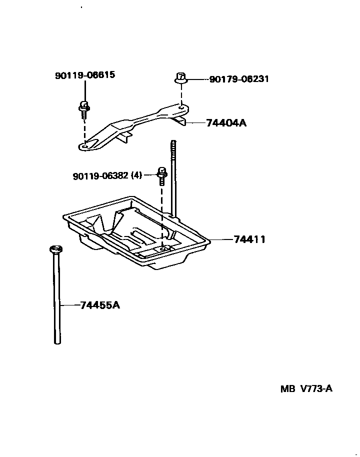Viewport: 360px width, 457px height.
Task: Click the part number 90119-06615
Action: pos(84,75)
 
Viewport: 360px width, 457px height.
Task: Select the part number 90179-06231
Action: pos(239,79)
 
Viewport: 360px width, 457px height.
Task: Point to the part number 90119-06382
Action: pos(100,175)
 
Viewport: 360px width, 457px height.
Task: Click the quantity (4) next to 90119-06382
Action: pos(136,175)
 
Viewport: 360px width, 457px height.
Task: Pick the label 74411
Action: pos(249,239)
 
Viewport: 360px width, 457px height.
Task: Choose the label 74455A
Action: pos(100,304)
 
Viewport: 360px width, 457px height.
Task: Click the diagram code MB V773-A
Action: pos(306,389)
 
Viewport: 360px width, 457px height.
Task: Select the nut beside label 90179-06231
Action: pos(181,78)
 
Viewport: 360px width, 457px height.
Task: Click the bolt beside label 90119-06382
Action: pos(161,175)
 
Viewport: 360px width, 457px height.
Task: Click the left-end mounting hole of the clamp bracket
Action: pos(85,145)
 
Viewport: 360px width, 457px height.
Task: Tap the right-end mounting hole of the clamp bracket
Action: pos(181,106)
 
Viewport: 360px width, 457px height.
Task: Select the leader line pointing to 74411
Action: pos(221,239)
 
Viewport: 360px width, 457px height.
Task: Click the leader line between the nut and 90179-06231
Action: pos(197,79)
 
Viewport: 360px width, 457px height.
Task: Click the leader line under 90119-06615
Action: pos(84,91)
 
